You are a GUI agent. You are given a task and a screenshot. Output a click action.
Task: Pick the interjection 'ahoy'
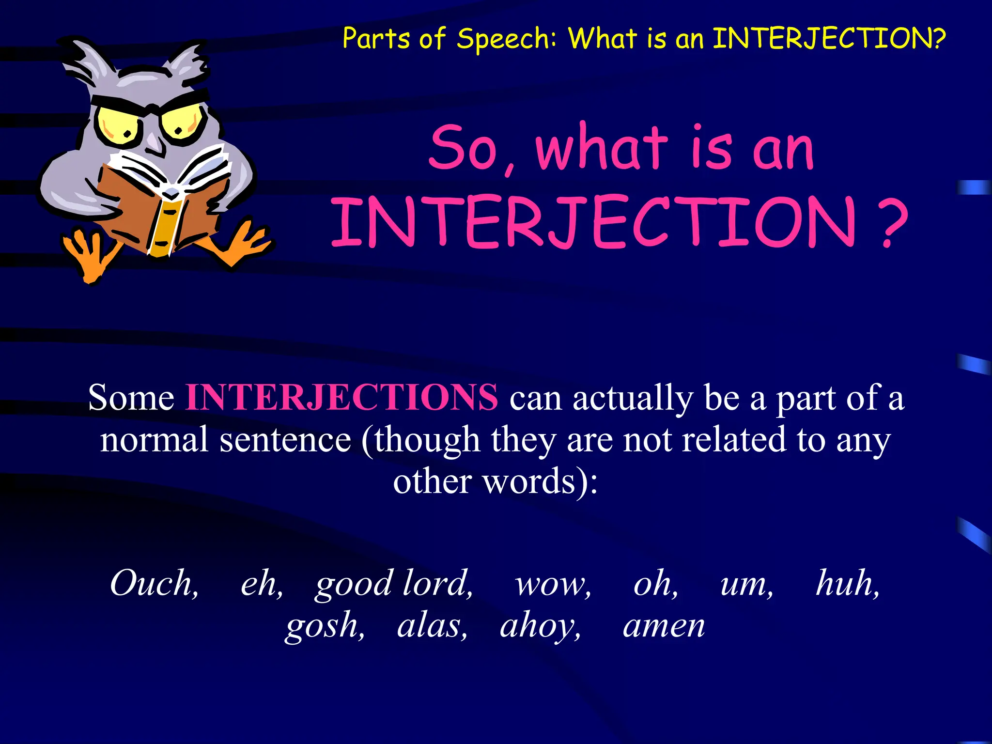539,626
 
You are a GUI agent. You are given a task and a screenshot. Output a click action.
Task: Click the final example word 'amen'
664,626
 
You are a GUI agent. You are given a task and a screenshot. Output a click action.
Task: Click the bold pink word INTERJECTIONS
341,397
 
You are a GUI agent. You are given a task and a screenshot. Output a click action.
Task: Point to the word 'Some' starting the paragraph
131,397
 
